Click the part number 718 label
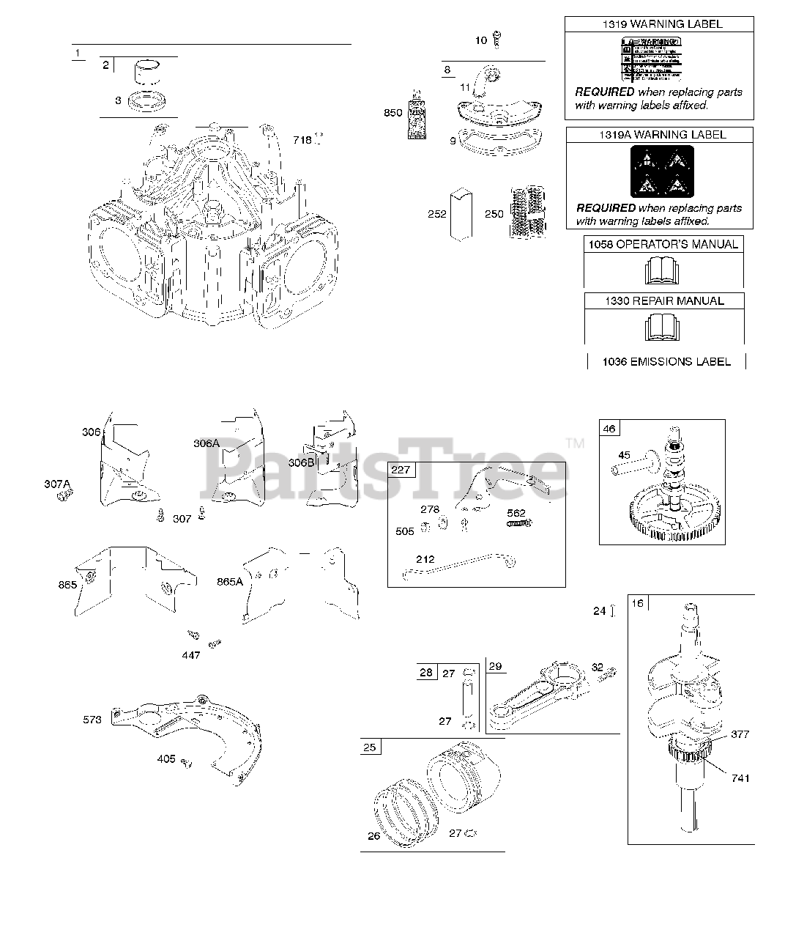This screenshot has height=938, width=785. tap(302, 140)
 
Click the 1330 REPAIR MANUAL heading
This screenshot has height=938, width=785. tap(664, 301)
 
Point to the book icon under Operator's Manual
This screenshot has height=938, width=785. tap(663, 270)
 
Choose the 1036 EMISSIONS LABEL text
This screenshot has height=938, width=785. tap(666, 361)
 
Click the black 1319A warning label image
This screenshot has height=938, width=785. tap(659, 171)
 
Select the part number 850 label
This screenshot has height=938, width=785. tap(393, 113)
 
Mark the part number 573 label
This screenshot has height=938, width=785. tap(92, 720)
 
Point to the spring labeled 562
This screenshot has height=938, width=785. tap(518, 522)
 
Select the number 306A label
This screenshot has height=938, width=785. tap(207, 443)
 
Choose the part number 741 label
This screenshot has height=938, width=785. tap(740, 778)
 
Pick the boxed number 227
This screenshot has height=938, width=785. tap(401, 470)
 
